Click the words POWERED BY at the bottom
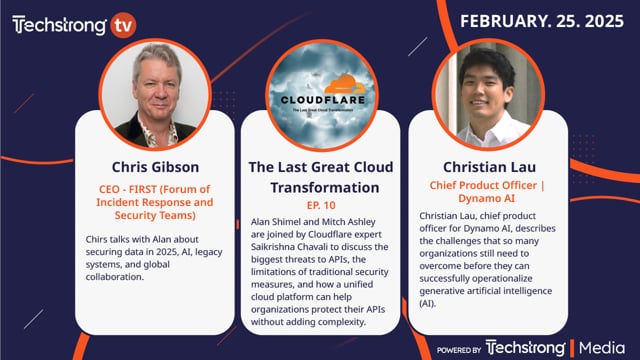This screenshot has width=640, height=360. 460,348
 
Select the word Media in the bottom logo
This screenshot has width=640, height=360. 603,347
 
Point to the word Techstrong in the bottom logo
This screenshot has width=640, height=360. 527,347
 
